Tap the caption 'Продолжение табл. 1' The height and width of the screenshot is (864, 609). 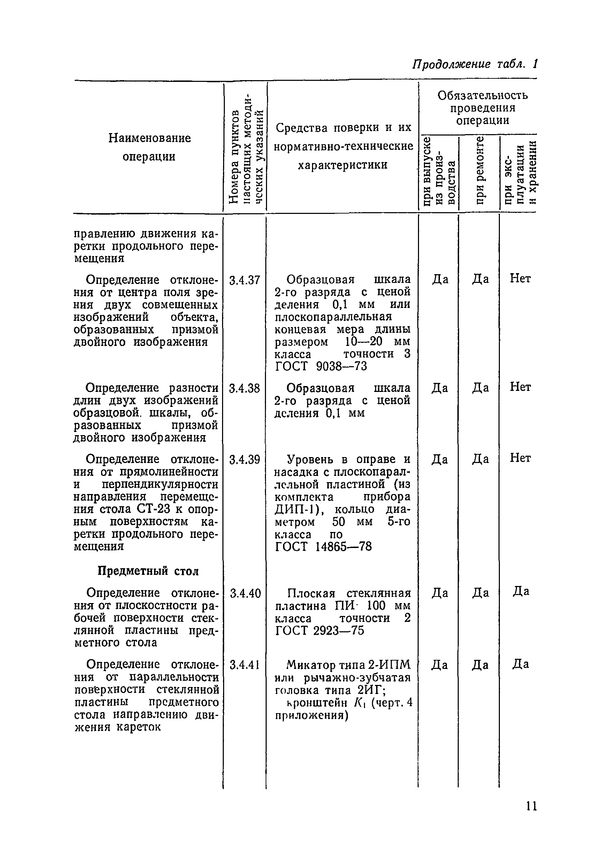click(474, 64)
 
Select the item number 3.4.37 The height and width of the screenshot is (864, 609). click(245, 280)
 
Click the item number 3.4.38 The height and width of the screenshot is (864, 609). click(245, 388)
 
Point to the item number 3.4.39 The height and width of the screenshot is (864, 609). click(245, 460)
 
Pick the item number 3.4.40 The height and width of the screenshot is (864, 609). click(245, 593)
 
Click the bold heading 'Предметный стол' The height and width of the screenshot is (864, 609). click(148, 571)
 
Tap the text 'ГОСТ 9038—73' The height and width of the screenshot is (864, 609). click(321, 366)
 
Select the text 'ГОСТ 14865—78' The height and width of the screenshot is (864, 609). click(323, 546)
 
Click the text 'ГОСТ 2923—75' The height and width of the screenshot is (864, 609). click(320, 630)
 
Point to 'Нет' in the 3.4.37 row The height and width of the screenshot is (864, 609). click(520, 279)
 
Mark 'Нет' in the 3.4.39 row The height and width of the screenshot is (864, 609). click(520, 458)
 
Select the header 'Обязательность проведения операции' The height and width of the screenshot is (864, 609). click(482, 108)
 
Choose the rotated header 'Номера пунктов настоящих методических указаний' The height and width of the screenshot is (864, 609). click(246, 147)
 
